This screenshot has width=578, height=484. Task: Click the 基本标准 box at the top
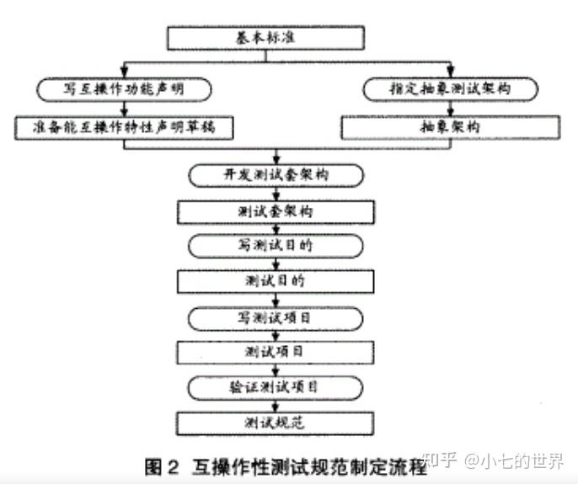tap(266, 38)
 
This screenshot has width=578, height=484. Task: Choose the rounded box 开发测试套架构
tap(276, 174)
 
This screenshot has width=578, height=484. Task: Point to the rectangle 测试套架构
tap(276, 210)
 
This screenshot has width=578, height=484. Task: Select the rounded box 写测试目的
tap(276, 245)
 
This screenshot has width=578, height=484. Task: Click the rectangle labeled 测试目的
tap(276, 280)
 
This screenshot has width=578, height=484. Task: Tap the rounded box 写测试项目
tap(276, 316)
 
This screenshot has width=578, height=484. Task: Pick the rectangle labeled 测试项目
tap(276, 351)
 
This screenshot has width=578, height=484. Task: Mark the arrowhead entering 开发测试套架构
tap(276, 159)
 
